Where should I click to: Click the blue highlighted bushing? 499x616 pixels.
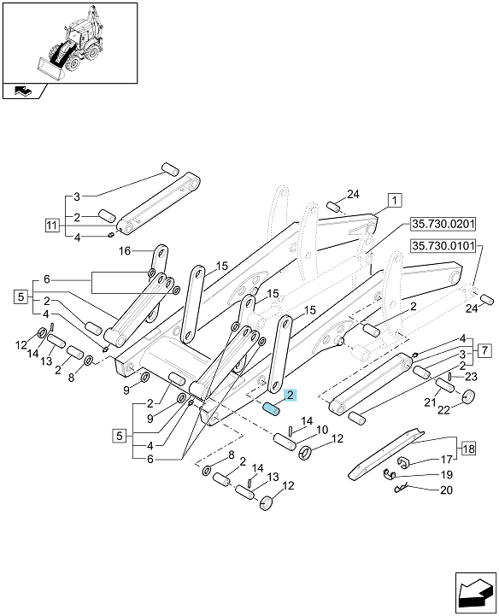[x=271, y=409]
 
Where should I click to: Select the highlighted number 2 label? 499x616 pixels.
[x=291, y=396]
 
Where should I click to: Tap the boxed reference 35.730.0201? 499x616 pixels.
[x=443, y=225]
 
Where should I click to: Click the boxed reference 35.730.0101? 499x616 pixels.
[x=443, y=246]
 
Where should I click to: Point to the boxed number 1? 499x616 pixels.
[x=395, y=200]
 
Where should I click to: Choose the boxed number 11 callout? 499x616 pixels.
[x=51, y=226]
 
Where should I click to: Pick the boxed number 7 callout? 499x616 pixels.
[x=484, y=349]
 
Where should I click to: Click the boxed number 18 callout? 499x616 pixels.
[x=468, y=449]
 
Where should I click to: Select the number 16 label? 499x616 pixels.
[x=124, y=250]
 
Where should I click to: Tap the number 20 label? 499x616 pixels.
[x=446, y=490]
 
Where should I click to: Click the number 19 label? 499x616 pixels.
[x=446, y=474]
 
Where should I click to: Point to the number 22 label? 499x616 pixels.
[x=443, y=410]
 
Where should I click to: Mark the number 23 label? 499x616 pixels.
[x=471, y=377]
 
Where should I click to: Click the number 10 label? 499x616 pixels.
[x=322, y=430]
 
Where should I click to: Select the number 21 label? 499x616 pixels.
[x=431, y=402]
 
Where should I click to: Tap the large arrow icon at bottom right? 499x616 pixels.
[x=476, y=593]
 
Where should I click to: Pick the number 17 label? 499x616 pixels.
[x=446, y=459]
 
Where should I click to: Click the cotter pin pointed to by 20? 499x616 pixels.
[x=401, y=489]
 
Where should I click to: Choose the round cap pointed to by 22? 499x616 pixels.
[x=468, y=396]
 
